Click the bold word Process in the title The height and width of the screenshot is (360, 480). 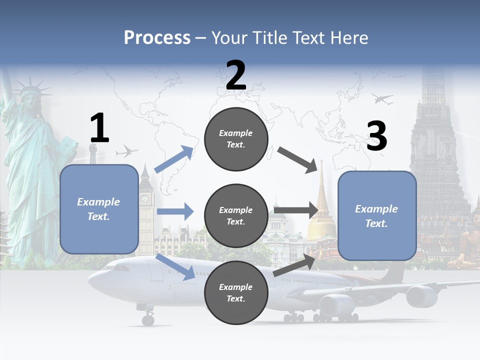coord(157,38)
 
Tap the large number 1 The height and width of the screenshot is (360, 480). coord(99,128)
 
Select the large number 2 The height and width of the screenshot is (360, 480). coord(236,75)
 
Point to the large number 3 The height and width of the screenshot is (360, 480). coord(376,136)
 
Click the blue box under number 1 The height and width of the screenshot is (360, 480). coord(99,209)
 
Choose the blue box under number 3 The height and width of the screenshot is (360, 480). coord(377,215)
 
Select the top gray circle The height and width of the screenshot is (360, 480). coord(236,139)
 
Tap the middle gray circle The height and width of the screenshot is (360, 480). coord(236,215)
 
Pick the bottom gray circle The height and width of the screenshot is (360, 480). coord(236,292)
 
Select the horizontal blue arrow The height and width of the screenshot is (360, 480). coord(175,211)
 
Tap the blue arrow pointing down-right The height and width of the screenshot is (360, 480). coord(175,267)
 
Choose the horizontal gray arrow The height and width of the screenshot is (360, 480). coord(295,210)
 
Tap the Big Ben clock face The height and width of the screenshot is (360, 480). coord(144,199)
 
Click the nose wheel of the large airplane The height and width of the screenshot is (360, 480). coord(148,319)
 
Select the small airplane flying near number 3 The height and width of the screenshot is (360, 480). coord(382,99)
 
